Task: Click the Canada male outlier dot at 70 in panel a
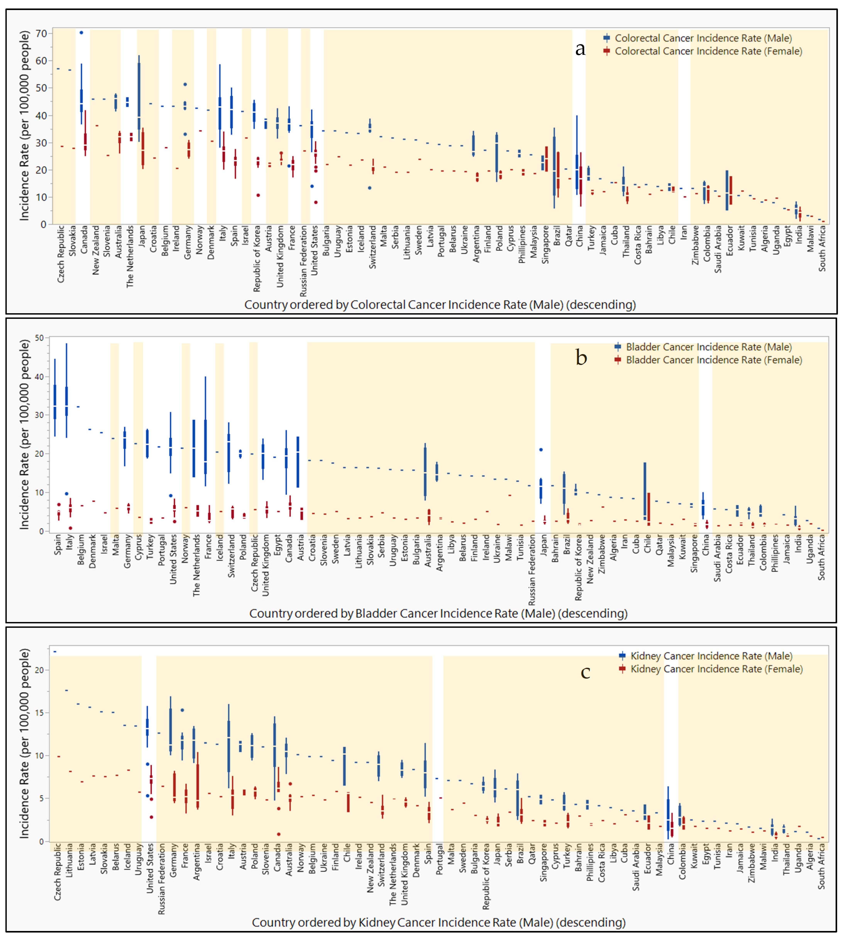tap(81, 32)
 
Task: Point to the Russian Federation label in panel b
tap(532, 570)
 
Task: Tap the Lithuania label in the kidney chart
tap(69, 861)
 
